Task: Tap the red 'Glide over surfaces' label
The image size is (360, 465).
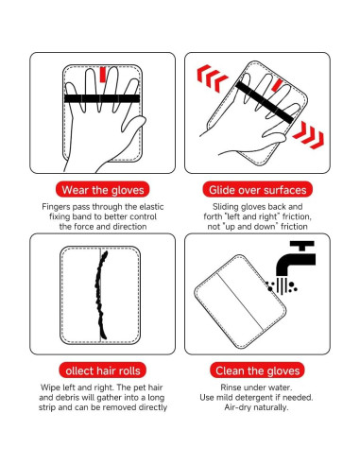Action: [258, 189]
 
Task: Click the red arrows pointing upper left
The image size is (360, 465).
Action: [214, 75]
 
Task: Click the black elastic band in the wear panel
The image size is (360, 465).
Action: [102, 98]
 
